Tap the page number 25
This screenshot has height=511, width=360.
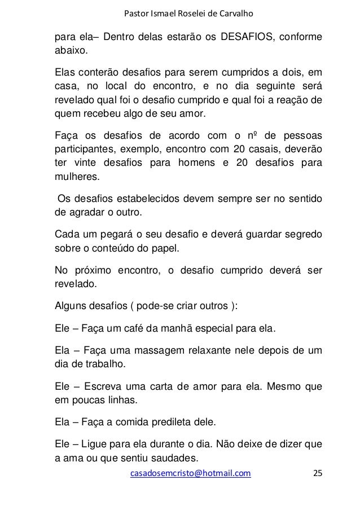pyautogui.click(x=318, y=473)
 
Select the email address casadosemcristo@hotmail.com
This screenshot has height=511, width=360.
pyautogui.click(x=191, y=473)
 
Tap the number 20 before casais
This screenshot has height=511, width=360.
pyautogui.click(x=236, y=150)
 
